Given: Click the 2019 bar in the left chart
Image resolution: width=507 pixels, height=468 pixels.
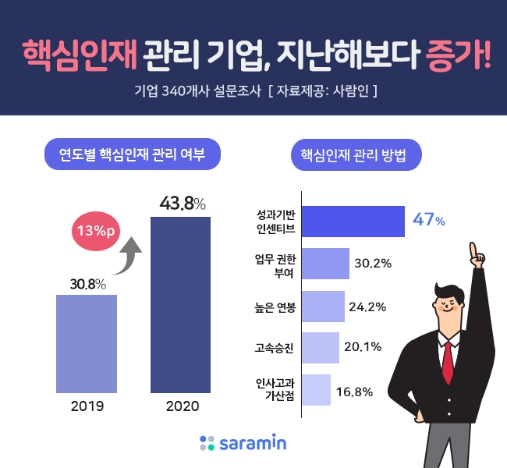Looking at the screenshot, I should (x=87, y=343).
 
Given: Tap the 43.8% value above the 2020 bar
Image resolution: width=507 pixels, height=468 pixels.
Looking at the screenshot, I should (x=182, y=204).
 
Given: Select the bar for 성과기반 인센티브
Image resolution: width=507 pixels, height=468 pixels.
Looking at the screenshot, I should (x=353, y=222).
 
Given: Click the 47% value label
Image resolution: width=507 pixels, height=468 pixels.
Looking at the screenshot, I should (x=429, y=221).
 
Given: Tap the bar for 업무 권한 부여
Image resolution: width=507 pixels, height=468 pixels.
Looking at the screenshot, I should (x=324, y=264).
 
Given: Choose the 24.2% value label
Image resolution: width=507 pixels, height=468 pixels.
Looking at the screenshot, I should (x=367, y=307).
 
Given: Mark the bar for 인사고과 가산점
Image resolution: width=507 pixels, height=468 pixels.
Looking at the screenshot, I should (x=315, y=390).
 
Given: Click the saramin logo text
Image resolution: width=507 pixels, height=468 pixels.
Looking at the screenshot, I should (x=252, y=444).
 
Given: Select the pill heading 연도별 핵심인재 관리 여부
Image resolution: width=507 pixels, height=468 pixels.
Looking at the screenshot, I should (x=132, y=154).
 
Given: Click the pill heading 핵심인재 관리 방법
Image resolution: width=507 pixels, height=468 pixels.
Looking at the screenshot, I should (x=356, y=154).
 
